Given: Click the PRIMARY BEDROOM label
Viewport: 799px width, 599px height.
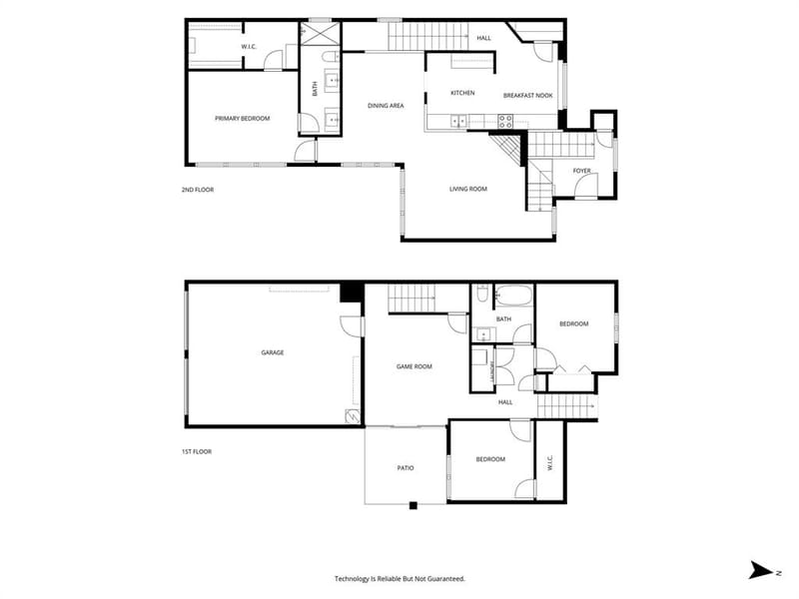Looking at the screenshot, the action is [242, 119].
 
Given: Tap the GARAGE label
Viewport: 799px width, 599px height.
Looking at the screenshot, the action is [272, 352].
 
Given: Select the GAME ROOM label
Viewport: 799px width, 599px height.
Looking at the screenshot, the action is [414, 366].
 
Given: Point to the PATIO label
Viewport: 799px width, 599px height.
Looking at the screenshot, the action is [405, 468].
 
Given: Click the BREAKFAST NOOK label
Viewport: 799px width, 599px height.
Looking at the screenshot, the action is [528, 96].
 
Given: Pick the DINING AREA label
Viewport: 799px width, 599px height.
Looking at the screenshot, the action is [386, 106].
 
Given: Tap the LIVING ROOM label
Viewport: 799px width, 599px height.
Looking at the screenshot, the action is [468, 189].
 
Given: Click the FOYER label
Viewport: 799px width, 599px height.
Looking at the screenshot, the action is [582, 171].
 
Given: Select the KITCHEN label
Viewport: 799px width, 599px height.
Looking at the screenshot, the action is [462, 93].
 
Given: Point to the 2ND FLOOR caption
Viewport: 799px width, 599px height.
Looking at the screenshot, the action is [198, 190].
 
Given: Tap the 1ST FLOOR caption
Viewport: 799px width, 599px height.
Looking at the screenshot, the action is [197, 452].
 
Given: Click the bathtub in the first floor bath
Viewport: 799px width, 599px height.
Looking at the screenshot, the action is [513, 296].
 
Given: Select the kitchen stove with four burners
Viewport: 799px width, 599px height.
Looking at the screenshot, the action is [505, 121].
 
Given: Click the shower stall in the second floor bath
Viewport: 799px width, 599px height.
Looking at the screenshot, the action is [316, 34].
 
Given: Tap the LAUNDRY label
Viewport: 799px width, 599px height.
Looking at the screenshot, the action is [492, 371].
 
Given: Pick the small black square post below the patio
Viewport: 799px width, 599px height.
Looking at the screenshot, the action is [413, 506].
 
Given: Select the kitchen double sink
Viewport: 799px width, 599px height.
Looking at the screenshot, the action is [458, 121].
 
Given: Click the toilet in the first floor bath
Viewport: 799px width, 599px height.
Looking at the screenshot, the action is [482, 294].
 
